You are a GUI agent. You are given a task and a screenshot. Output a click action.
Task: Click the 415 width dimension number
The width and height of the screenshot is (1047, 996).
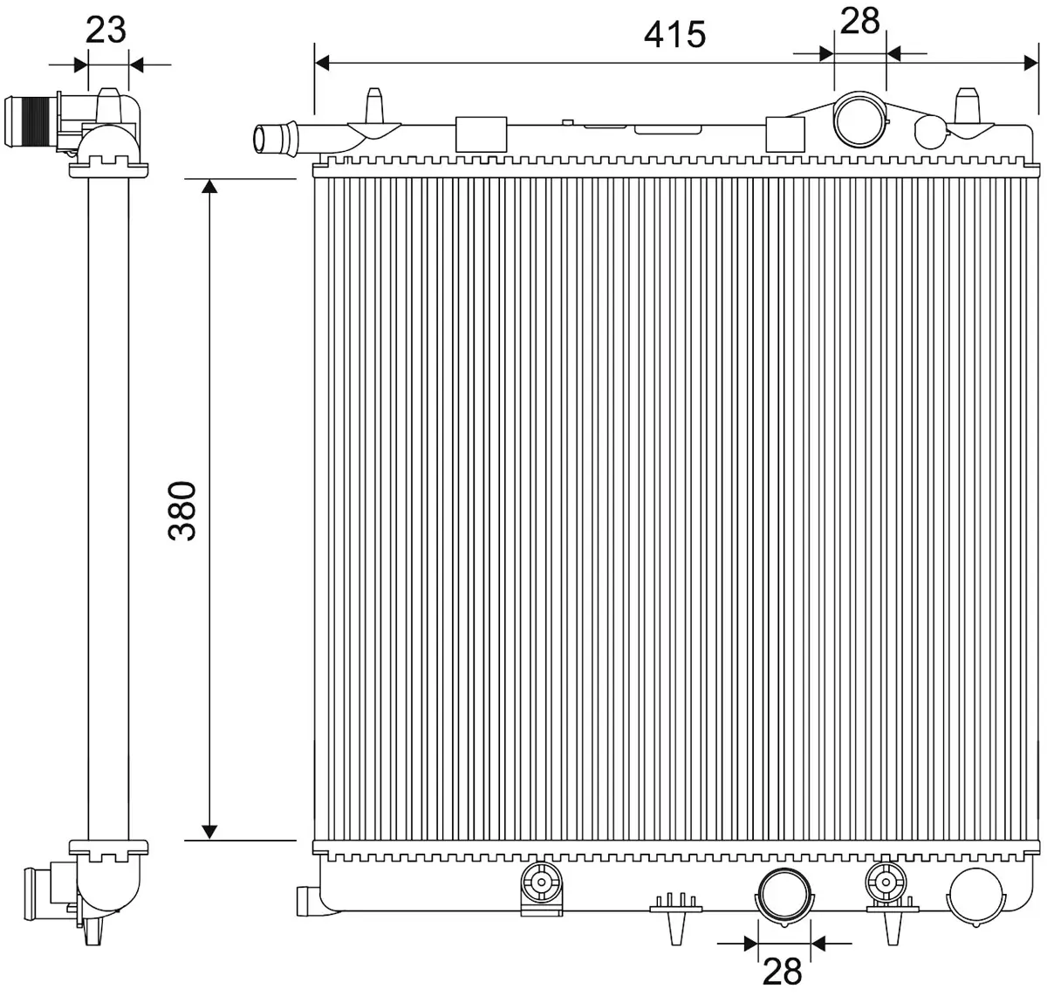click(674, 35)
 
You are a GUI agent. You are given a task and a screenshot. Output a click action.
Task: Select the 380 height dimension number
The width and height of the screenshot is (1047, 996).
click(182, 511)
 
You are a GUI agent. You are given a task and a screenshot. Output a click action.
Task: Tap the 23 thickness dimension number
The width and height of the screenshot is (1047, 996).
click(106, 30)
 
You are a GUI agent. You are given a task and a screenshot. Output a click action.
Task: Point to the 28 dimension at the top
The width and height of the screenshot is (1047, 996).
click(859, 21)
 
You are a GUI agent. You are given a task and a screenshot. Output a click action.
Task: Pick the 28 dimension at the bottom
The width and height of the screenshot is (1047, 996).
click(783, 971)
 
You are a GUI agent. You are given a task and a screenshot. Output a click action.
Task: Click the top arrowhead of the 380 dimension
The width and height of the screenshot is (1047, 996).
click(209, 186)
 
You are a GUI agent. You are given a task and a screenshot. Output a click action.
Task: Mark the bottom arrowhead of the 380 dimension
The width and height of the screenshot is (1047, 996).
click(209, 832)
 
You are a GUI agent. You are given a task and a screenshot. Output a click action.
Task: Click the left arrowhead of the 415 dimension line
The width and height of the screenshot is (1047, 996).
click(322, 63)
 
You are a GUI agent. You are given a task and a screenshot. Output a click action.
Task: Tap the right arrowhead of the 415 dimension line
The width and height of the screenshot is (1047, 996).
click(1031, 63)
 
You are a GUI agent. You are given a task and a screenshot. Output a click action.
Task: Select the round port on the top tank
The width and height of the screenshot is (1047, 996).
click(859, 120)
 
